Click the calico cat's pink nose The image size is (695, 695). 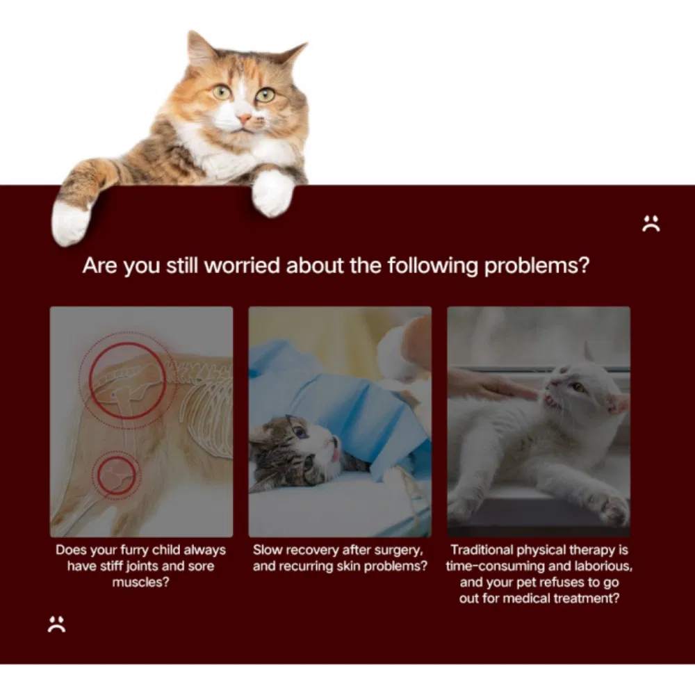pyautogui.click(x=245, y=120)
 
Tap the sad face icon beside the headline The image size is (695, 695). pyautogui.click(x=651, y=224)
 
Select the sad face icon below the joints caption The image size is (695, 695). pyautogui.click(x=56, y=623)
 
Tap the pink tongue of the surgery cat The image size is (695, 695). pyautogui.click(x=335, y=455)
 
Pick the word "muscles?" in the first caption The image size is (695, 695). pyautogui.click(x=140, y=582)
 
